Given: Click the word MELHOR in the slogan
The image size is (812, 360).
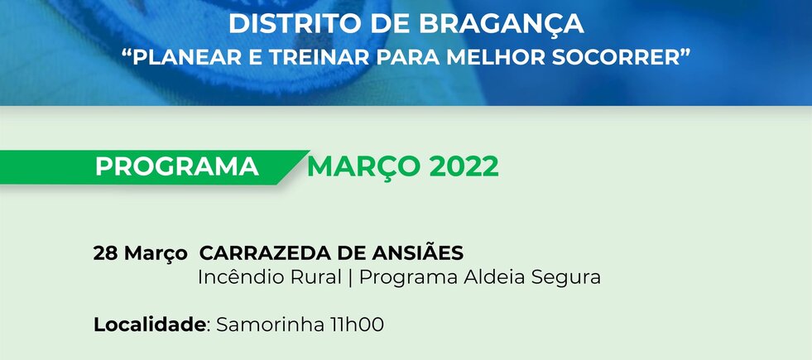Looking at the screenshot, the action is tap(493, 57).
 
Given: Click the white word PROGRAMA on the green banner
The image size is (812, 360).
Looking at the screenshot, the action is tap(177, 167).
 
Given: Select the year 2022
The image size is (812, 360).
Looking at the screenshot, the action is tap(464, 167).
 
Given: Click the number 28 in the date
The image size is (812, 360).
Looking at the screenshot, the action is tap(106, 254).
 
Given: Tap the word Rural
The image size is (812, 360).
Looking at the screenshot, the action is tap(316, 277).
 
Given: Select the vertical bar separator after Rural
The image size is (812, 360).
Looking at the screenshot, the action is tap(351, 277).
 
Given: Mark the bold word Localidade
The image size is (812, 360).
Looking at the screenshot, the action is tap(150, 324).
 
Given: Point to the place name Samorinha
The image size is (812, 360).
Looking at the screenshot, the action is tap(270, 324).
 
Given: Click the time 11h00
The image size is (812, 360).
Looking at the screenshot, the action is tap(357, 324).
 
